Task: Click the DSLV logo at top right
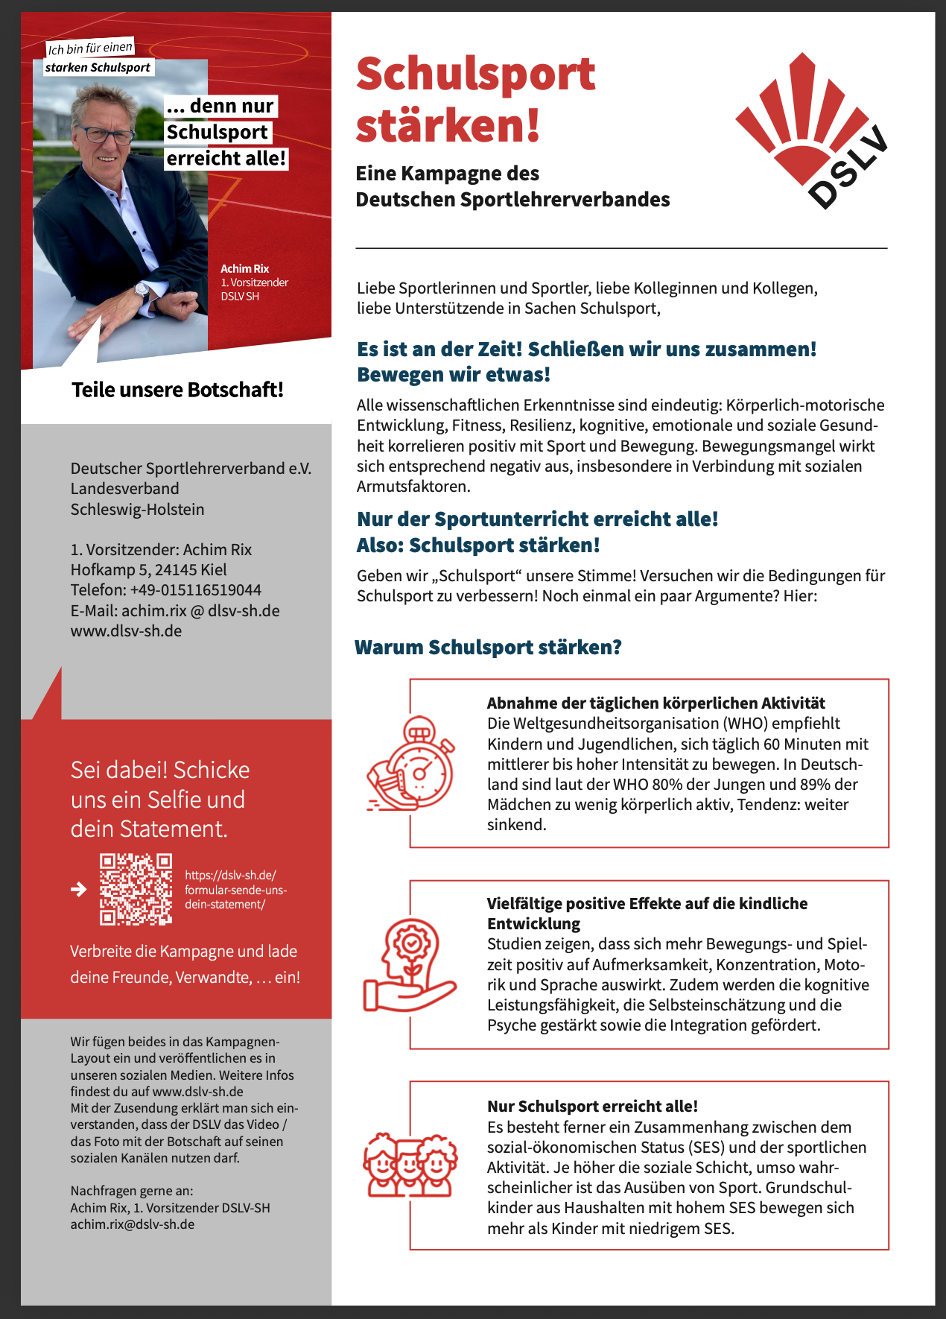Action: click(813, 130)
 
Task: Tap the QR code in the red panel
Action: click(136, 889)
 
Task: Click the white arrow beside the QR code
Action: click(78, 889)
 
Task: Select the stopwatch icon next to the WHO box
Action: click(410, 764)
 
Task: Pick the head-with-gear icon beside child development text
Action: click(409, 965)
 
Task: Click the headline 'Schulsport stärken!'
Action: click(475, 99)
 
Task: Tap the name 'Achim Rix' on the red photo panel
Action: click(244, 269)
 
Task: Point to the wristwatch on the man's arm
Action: click(142, 289)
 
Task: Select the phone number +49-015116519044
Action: click(195, 590)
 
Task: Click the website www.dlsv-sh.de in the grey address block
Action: click(126, 631)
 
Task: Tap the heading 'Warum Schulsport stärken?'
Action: click(488, 647)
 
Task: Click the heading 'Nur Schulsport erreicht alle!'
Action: click(592, 1106)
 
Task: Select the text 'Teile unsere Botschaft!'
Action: click(177, 390)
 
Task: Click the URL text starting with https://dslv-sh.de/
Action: click(235, 890)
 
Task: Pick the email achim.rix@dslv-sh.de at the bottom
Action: click(132, 1224)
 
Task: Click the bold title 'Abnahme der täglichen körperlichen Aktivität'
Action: click(655, 703)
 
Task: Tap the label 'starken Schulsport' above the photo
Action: click(98, 68)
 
